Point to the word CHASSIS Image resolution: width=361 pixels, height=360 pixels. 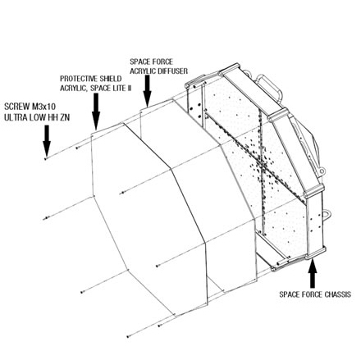tap(338, 294)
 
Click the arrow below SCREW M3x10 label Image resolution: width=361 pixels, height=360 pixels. tap(47, 141)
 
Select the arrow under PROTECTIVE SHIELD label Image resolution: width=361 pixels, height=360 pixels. tap(96, 112)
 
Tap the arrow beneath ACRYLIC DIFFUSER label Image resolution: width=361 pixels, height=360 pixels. tap(147, 91)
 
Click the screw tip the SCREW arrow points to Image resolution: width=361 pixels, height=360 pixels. tap(46, 158)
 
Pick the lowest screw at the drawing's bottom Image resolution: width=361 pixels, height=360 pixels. tap(128, 336)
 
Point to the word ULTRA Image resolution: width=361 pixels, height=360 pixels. tap(15, 117)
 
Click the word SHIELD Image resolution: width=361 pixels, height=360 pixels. tap(111, 79)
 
